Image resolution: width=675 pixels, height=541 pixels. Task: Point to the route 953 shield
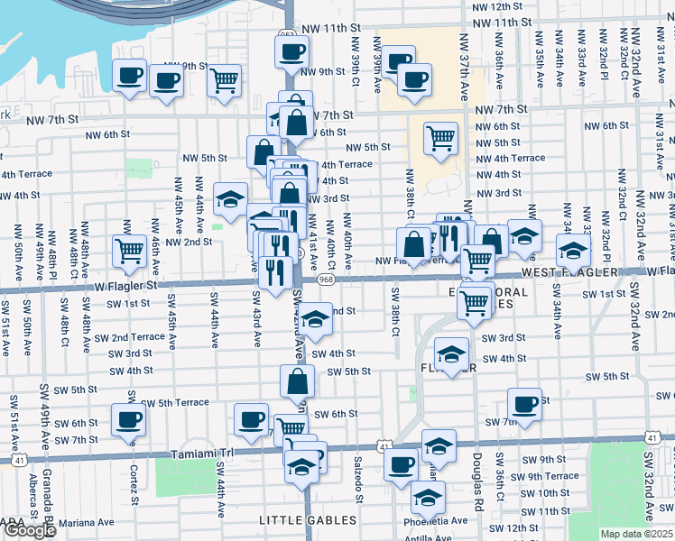(287, 34)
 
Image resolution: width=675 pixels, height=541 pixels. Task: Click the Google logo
(30, 530)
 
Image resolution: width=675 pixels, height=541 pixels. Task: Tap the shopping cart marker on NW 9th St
(224, 80)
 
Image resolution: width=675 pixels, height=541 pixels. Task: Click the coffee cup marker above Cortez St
(128, 418)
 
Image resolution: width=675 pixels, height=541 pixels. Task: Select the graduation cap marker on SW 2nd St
(315, 320)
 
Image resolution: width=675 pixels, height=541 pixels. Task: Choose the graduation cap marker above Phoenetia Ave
(428, 495)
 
